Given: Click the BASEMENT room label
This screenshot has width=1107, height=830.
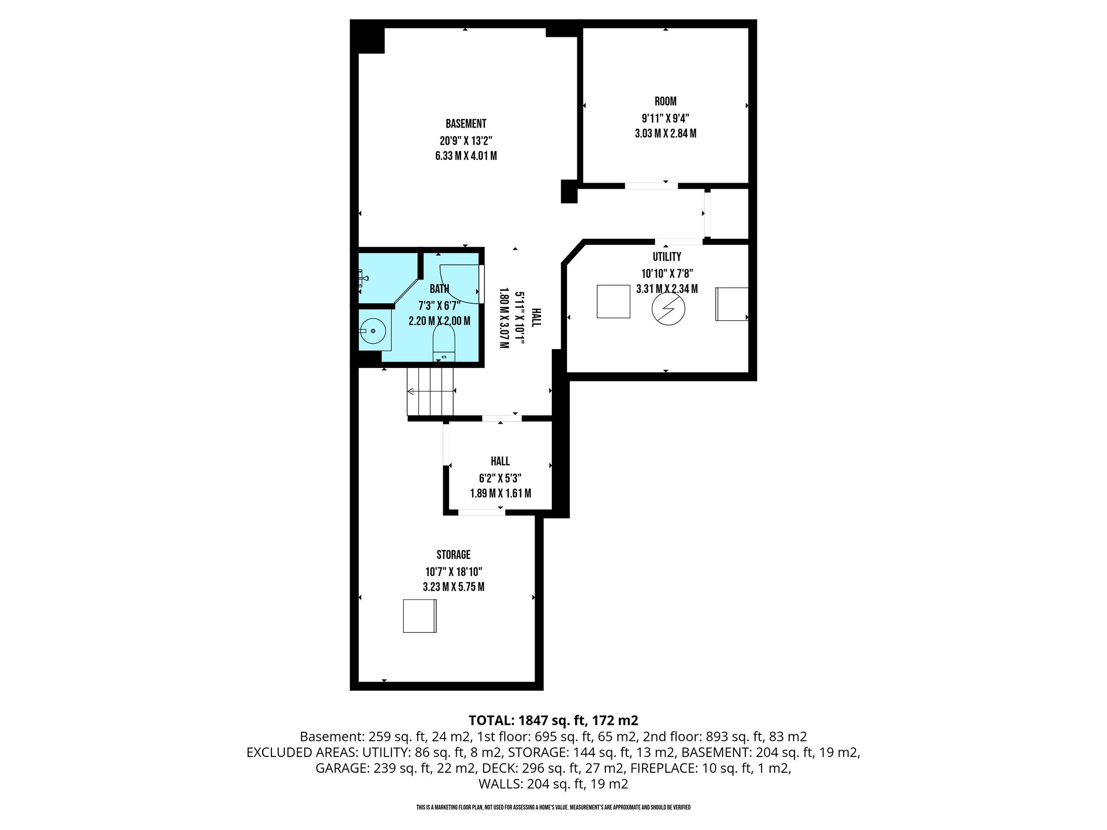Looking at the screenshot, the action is click(x=466, y=124).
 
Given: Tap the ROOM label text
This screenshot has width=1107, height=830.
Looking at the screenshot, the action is click(x=665, y=101).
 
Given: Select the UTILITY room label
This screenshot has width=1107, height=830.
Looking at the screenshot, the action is click(x=667, y=257).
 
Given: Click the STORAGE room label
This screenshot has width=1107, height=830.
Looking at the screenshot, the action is click(x=454, y=554).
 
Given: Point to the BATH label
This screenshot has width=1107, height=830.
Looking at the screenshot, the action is click(x=439, y=289).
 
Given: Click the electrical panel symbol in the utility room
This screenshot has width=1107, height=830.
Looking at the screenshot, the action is click(x=669, y=309).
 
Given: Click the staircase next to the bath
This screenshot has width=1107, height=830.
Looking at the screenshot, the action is click(x=430, y=391).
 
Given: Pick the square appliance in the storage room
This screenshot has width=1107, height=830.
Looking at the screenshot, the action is click(x=419, y=616).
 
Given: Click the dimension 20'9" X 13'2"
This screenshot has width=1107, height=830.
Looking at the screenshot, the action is click(x=466, y=141).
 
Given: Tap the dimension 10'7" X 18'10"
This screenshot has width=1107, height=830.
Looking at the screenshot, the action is click(x=454, y=572).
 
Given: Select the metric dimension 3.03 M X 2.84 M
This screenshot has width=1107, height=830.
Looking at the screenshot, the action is click(x=665, y=133).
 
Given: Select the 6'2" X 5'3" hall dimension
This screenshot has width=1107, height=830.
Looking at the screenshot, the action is click(x=500, y=478).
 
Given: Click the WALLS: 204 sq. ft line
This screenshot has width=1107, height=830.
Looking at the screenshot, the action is click(x=553, y=784).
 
